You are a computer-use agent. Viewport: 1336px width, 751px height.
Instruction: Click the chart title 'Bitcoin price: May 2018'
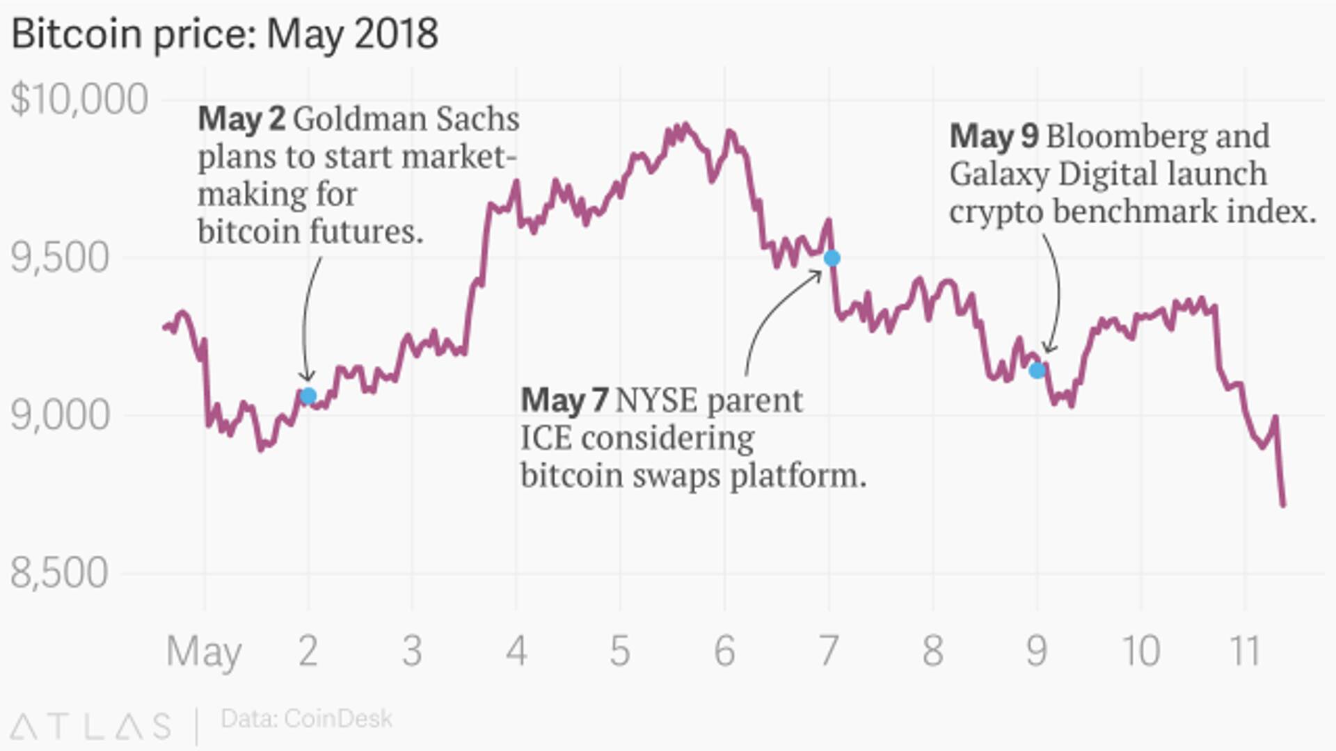(225, 33)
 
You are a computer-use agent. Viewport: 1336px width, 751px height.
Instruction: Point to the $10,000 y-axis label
(79, 99)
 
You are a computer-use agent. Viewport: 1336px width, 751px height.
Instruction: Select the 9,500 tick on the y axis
(60, 258)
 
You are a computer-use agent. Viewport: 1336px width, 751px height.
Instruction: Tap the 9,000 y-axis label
(60, 416)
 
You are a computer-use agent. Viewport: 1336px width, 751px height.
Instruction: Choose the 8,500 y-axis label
(60, 574)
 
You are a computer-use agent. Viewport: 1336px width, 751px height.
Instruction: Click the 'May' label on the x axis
(204, 652)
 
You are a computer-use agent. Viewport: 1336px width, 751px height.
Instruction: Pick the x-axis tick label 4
(516, 651)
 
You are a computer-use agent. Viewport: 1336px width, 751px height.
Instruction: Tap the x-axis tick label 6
(724, 651)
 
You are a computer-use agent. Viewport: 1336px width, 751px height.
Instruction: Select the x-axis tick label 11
(1245, 651)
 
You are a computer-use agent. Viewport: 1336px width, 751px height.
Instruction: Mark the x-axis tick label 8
(932, 651)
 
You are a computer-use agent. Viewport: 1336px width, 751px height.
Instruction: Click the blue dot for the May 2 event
(308, 396)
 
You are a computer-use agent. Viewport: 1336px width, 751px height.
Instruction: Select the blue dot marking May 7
(832, 259)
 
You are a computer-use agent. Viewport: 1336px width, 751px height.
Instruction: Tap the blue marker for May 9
(1037, 370)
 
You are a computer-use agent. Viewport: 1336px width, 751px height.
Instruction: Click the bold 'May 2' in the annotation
(241, 120)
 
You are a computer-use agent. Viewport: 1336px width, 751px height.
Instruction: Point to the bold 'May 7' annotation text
(564, 401)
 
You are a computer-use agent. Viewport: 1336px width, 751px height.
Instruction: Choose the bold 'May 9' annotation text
(994, 136)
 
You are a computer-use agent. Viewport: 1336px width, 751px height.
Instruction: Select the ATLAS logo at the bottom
(91, 726)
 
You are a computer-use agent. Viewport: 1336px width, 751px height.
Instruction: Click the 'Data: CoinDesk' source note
(306, 719)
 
